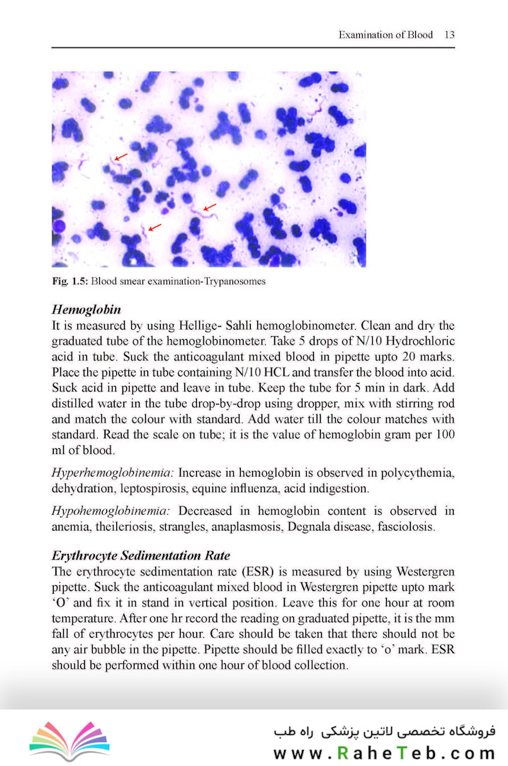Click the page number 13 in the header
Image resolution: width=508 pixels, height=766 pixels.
point(449,34)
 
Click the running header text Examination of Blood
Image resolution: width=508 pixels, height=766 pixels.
point(385,34)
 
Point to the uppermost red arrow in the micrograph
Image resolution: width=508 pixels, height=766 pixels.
point(121,155)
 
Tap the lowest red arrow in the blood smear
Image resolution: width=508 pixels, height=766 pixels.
point(154,226)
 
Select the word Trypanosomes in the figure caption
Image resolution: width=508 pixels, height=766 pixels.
point(236,281)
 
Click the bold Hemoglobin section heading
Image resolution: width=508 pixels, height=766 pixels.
point(86,310)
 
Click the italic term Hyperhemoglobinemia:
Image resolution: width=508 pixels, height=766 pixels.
point(113,472)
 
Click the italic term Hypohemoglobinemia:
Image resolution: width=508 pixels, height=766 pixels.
point(111,511)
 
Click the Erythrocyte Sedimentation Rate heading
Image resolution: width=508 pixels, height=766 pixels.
point(141,555)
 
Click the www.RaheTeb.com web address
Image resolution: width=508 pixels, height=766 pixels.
point(383,753)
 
